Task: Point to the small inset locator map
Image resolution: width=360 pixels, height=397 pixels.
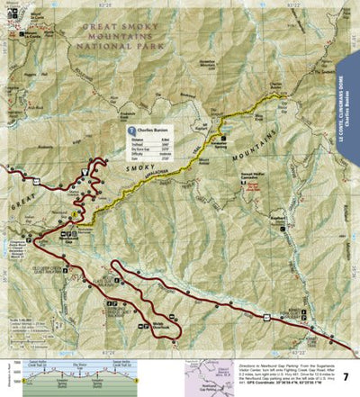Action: click(202, 378)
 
